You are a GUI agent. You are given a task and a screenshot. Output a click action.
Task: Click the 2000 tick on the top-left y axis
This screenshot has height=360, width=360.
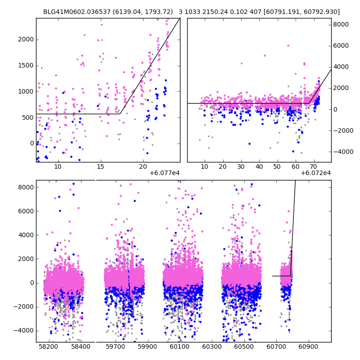(x=27, y=40)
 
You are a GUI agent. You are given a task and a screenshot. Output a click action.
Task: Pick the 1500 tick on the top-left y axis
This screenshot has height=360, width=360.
(x=27, y=66)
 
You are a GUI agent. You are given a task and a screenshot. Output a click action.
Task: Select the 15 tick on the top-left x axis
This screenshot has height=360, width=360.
(x=100, y=166)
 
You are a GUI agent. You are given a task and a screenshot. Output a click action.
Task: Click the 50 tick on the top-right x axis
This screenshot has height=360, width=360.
(x=278, y=166)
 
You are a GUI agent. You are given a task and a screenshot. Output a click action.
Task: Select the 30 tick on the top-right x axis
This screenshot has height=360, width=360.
(x=241, y=166)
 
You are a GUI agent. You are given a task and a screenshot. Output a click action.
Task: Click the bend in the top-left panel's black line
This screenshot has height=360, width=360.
(x=120, y=114)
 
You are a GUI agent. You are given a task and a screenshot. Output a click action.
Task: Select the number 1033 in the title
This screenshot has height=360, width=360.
(x=192, y=12)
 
